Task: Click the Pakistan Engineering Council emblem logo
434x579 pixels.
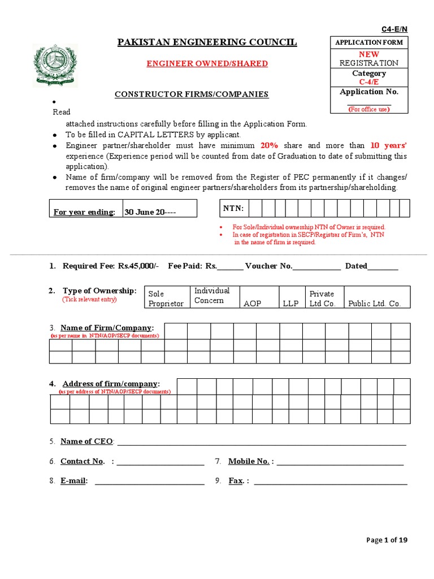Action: (55, 65)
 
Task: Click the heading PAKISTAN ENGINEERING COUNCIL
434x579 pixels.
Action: (207, 42)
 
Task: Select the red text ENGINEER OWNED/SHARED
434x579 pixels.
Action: (207, 63)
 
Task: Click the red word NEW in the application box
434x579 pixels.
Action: (369, 54)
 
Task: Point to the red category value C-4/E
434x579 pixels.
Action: (369, 82)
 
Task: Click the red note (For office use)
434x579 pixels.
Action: (369, 109)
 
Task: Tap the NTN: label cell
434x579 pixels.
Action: (233, 209)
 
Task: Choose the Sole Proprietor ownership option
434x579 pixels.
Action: (166, 299)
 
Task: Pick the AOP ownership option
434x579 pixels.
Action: (252, 303)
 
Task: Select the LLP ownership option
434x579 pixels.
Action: (290, 303)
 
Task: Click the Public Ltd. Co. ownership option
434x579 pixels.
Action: (375, 303)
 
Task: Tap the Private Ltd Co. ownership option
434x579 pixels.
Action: (323, 299)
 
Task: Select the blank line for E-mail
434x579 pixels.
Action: (150, 481)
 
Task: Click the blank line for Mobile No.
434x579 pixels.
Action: (340, 462)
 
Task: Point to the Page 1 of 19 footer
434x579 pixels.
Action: (387, 540)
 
